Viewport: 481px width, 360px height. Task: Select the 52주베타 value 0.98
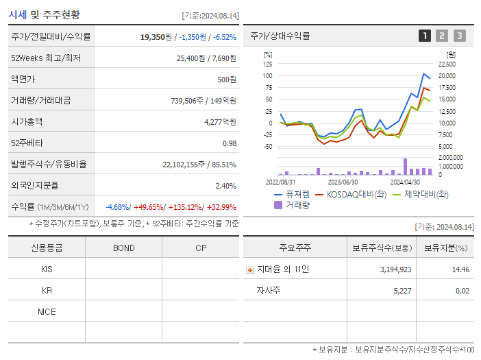tap(229, 143)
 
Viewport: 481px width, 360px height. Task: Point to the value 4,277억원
tap(220, 122)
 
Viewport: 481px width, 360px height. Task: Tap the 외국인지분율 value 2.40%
tap(225, 186)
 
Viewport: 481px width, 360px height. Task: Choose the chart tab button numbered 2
tap(442, 36)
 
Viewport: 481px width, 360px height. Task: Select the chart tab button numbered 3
tap(459, 36)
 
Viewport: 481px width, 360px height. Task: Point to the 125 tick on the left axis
tap(267, 64)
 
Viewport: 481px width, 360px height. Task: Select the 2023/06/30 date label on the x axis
tap(343, 182)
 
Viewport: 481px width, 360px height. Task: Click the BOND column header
tap(123, 248)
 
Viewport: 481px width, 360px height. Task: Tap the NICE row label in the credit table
tap(47, 311)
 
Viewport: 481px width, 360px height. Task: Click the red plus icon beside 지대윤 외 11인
tap(250, 269)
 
